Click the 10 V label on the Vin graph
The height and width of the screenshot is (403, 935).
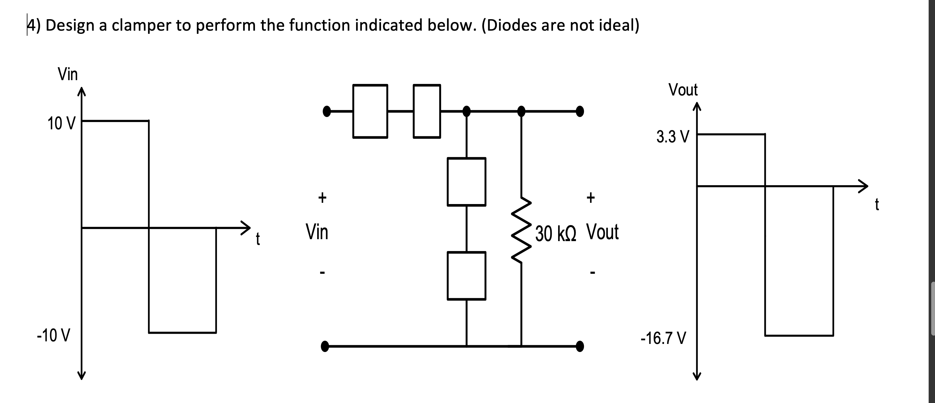point(61,124)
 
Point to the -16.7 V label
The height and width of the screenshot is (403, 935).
point(663,338)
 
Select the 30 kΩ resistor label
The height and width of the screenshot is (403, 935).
point(555,233)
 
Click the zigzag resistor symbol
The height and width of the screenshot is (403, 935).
point(521,230)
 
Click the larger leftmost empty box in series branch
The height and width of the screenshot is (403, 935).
point(370,111)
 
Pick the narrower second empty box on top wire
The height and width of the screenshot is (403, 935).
point(427,111)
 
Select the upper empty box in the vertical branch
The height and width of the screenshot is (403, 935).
point(467,181)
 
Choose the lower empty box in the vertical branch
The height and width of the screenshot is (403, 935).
point(467,276)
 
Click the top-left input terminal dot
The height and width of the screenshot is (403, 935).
point(327,111)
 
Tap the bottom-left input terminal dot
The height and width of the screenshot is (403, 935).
point(325,346)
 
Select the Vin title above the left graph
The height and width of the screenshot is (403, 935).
point(68,74)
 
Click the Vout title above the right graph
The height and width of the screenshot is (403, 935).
point(683,90)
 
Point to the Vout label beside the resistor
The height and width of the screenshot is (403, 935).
point(602,232)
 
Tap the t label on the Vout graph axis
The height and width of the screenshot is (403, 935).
point(877,204)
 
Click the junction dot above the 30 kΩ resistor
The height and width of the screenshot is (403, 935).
point(521,111)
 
